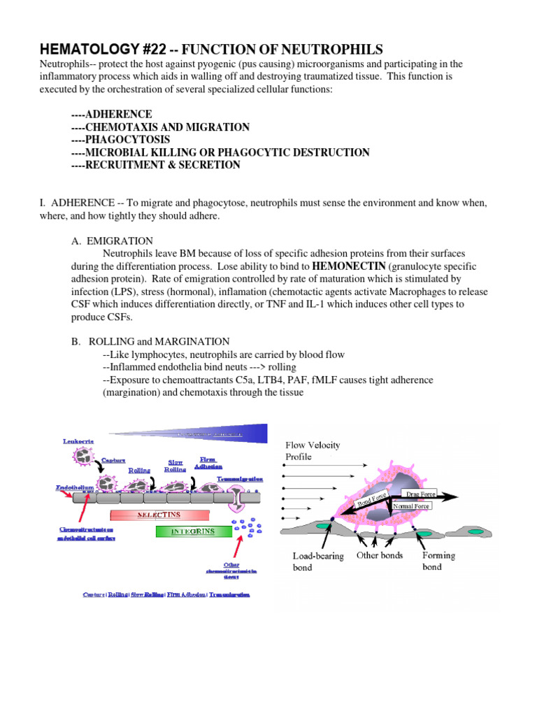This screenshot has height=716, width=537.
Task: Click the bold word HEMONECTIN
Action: [x=348, y=266]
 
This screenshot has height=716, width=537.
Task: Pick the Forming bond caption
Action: [x=438, y=561]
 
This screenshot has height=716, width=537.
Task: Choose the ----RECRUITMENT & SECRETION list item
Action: [x=155, y=165]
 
